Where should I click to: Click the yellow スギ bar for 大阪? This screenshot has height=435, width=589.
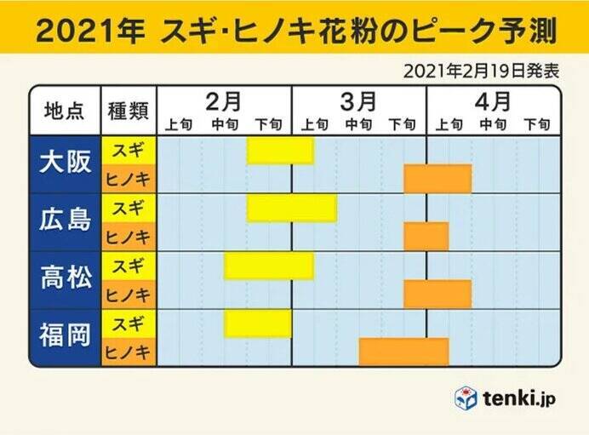tap(280, 150)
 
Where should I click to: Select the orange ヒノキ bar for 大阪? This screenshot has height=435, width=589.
tap(437, 179)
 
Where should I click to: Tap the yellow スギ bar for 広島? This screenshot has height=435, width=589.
tap(291, 208)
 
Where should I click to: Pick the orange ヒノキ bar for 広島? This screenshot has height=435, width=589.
tap(426, 237)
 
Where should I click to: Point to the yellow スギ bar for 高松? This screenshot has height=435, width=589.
tap(269, 266)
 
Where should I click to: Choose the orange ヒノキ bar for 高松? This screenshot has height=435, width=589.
tap(437, 295)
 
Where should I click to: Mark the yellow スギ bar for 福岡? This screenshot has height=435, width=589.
tap(258, 323)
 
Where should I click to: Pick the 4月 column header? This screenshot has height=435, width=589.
tap(493, 100)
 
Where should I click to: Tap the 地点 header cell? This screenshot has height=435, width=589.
tap(65, 112)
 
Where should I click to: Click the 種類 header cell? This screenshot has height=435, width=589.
tap(129, 112)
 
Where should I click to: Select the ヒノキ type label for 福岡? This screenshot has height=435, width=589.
tap(129, 352)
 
